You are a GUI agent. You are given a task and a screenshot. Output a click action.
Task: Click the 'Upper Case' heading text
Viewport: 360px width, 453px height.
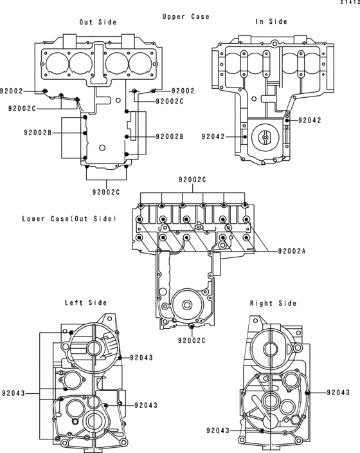pos(186,17)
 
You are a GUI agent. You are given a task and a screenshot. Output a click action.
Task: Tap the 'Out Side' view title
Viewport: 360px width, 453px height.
pos(98,22)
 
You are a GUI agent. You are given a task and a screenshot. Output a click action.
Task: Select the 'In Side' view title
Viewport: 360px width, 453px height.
pos(271,21)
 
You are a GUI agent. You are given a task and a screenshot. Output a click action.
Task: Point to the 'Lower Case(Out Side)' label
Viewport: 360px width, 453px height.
pos(69,219)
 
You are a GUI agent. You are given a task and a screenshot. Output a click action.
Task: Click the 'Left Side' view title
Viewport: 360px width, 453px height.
pos(85,302)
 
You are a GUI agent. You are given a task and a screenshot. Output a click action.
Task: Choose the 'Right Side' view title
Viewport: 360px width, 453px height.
pos(273,303)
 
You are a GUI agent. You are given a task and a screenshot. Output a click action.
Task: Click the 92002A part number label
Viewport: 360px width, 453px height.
pos(292,251)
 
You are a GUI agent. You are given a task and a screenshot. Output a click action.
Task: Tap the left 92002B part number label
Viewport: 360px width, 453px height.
pos(37,133)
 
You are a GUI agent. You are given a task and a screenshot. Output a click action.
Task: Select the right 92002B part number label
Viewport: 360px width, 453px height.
pos(170,136)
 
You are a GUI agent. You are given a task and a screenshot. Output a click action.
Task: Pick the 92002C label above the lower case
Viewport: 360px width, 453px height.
pos(192,180)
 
